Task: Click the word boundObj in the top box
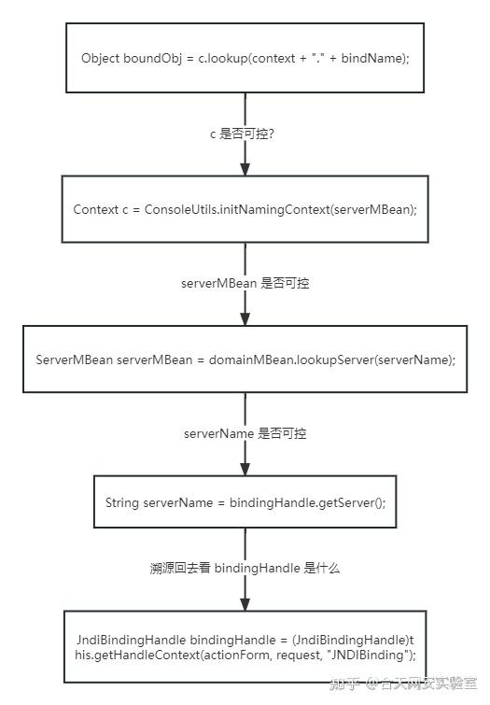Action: (153, 59)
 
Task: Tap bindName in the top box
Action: (371, 59)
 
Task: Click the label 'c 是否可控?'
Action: (243, 134)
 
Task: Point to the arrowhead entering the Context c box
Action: (245, 169)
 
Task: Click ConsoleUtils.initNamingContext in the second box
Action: (237, 209)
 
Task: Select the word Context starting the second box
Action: (96, 209)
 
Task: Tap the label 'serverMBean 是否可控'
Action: (245, 283)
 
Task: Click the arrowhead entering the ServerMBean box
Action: (245, 318)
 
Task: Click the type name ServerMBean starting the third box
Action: (74, 360)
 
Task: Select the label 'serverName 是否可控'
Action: (245, 433)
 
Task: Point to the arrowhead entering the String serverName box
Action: (245, 469)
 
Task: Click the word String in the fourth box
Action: (122, 502)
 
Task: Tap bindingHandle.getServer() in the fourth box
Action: (306, 502)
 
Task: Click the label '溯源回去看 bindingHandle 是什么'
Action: (245, 568)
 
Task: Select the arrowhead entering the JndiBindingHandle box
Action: (245, 604)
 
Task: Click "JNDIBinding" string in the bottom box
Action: (368, 655)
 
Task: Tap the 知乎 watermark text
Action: (344, 684)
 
